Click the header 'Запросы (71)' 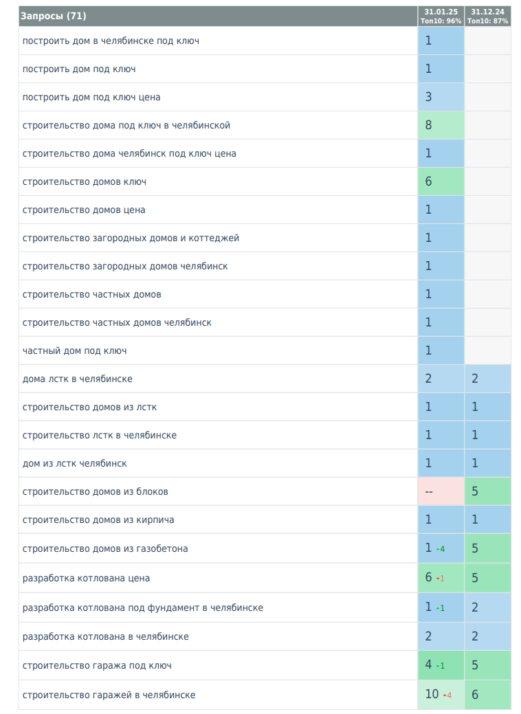[x=54, y=16]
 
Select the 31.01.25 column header [x=441, y=16]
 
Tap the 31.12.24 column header [x=487, y=16]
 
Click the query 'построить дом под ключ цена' [x=91, y=97]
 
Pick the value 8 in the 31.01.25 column [x=428, y=125]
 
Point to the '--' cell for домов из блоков [x=429, y=491]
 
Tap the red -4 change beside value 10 [x=447, y=695]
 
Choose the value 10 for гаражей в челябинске [x=432, y=694]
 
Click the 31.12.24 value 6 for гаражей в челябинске [x=475, y=695]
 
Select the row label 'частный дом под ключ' [x=74, y=350]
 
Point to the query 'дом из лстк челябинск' [x=74, y=463]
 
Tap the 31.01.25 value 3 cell [x=428, y=97]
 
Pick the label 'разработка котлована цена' [x=86, y=578]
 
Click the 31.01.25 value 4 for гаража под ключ [x=428, y=665]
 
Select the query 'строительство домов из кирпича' [x=98, y=520]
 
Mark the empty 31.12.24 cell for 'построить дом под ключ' [x=487, y=69]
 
